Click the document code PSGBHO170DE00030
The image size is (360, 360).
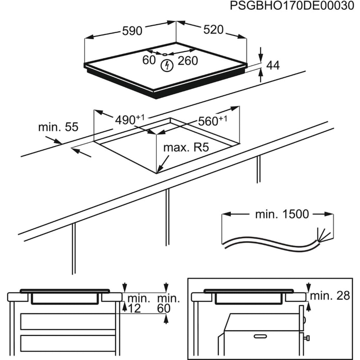pyautogui.click(x=291, y=6)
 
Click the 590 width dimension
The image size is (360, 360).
pyautogui.click(x=132, y=31)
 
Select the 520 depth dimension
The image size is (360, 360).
pyautogui.click(x=213, y=30)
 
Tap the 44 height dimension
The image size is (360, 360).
pyautogui.click(x=273, y=66)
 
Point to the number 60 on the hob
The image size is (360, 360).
pyautogui.click(x=149, y=60)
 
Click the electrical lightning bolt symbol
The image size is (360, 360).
pyautogui.click(x=167, y=66)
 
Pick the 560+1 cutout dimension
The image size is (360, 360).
pyautogui.click(x=212, y=121)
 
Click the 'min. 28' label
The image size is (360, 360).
pyautogui.click(x=330, y=296)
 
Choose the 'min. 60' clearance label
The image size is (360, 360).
pyautogui.click(x=168, y=303)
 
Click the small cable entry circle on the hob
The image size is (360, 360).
pyautogui.click(x=165, y=55)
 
